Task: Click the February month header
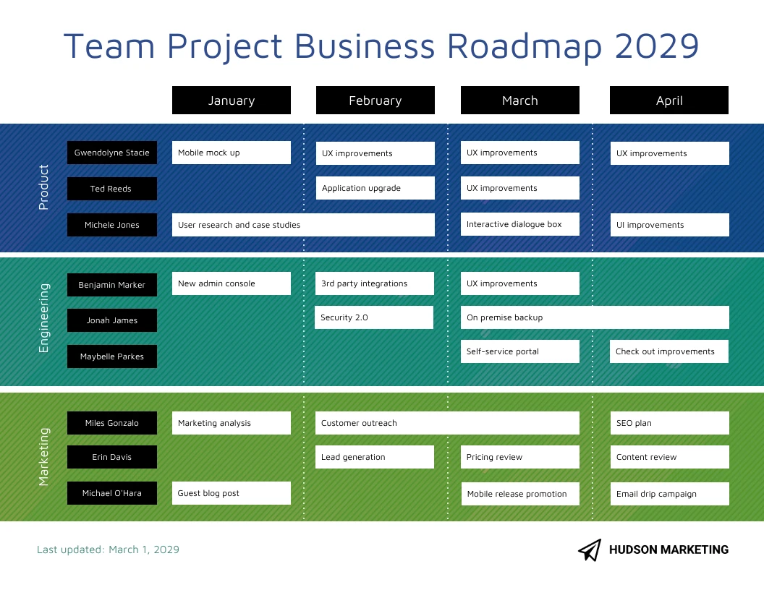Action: tap(375, 101)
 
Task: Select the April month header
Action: tap(669, 101)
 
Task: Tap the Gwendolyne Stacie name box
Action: tap(112, 153)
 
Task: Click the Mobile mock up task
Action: tap(232, 153)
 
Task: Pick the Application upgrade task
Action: tap(375, 188)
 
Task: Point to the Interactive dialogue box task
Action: tap(520, 224)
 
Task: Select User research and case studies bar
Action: tap(303, 225)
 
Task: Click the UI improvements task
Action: tap(669, 225)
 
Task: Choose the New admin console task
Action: tap(232, 283)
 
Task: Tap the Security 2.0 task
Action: tap(374, 317)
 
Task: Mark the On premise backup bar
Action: tap(595, 317)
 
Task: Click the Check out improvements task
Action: tap(669, 351)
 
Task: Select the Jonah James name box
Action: tap(112, 320)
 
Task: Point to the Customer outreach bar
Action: tap(448, 423)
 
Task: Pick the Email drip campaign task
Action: tap(669, 494)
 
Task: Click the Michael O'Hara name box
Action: tap(112, 493)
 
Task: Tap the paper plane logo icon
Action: tap(590, 550)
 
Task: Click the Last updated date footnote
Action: tap(108, 550)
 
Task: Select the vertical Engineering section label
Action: tap(44, 318)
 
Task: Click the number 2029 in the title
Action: tap(657, 46)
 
